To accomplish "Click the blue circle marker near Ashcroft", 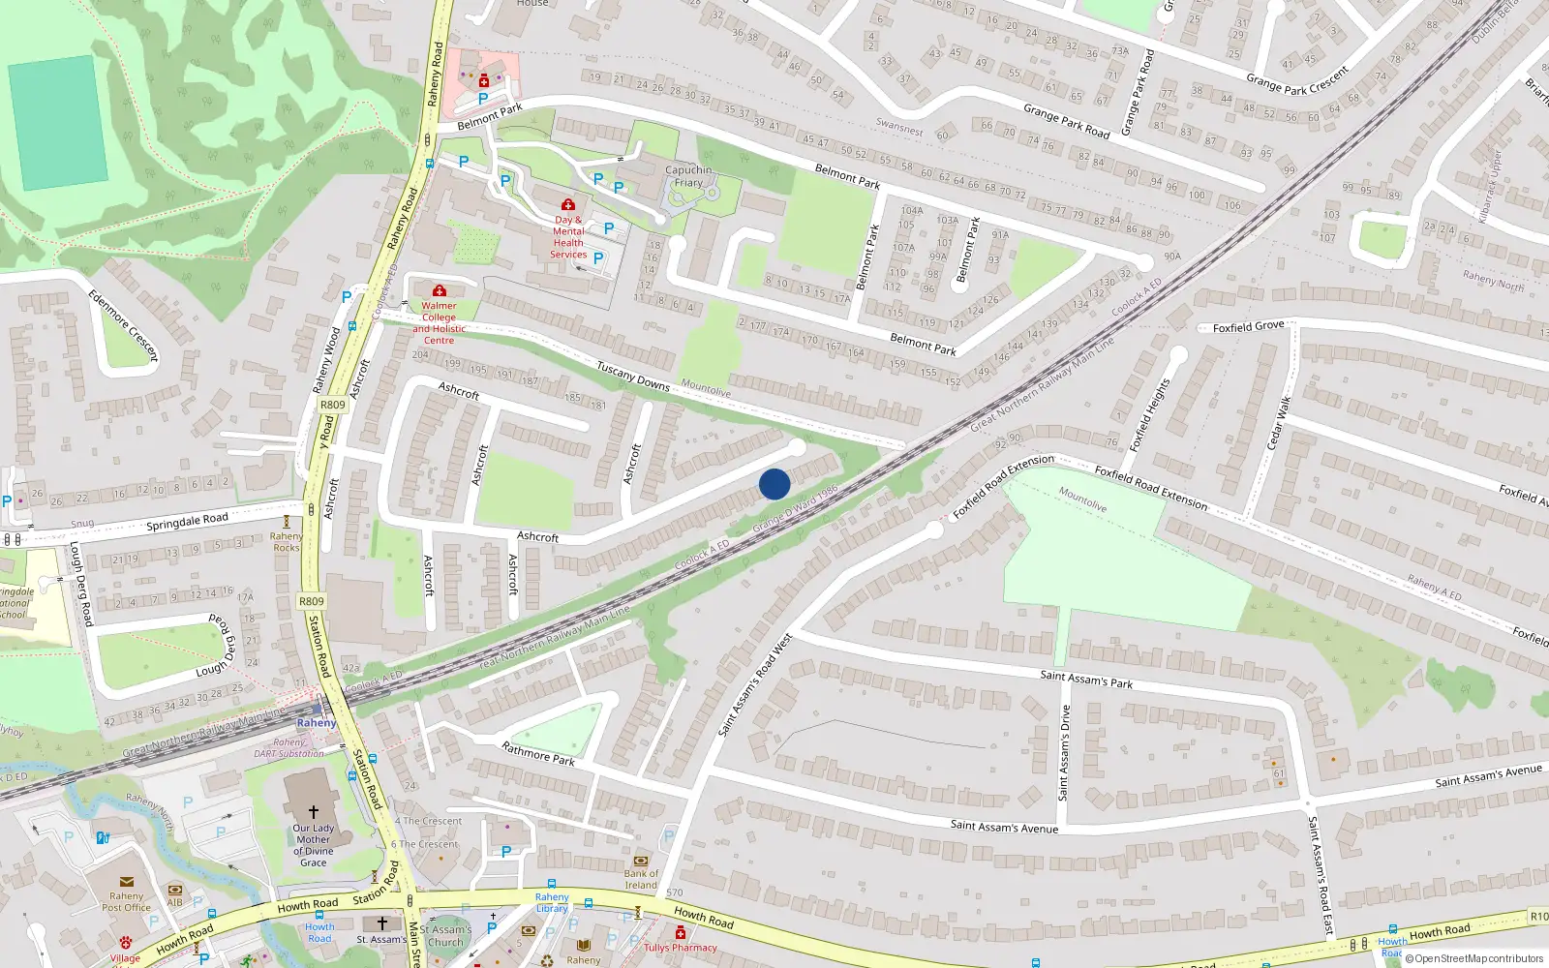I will (x=774, y=484).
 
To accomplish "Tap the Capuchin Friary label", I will (x=688, y=176).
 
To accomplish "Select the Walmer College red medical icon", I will (x=439, y=290).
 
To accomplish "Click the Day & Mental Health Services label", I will (x=568, y=237).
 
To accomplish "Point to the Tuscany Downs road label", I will (x=633, y=376).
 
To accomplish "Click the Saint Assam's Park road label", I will (x=1086, y=680).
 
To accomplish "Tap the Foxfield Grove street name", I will (x=1248, y=327).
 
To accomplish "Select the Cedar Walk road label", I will (x=1279, y=423).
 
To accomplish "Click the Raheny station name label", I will (x=317, y=723).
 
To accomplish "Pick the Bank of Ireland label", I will (x=640, y=879).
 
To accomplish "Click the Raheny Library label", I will (x=552, y=902).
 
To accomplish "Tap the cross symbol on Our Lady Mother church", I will (x=313, y=811).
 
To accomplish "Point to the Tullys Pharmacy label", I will (x=681, y=948).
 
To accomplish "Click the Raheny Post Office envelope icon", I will (x=126, y=882).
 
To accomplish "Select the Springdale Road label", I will (x=187, y=521).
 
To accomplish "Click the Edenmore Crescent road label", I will (x=123, y=326).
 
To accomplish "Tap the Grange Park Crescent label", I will (x=1297, y=80).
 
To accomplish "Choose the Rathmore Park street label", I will (x=538, y=753).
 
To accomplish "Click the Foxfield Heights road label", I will (x=1150, y=415).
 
